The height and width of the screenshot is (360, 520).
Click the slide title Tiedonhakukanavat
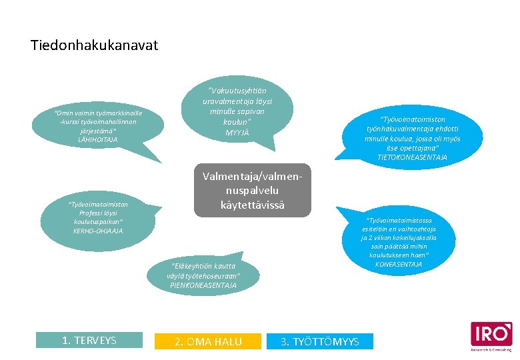click(94, 45)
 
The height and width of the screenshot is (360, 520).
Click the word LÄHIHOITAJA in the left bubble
click(97, 139)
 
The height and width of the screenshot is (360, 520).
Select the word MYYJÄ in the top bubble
click(237, 132)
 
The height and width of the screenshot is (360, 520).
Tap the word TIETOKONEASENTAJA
click(412, 157)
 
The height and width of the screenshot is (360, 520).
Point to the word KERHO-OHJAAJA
click(98, 231)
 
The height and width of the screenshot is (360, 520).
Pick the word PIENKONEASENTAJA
click(203, 285)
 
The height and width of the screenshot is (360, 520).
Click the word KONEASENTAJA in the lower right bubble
click(399, 264)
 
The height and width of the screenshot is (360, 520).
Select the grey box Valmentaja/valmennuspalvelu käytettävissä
click(252, 190)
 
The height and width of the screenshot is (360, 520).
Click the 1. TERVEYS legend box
click(89, 340)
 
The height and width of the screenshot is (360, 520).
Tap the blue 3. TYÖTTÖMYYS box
click(319, 341)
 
